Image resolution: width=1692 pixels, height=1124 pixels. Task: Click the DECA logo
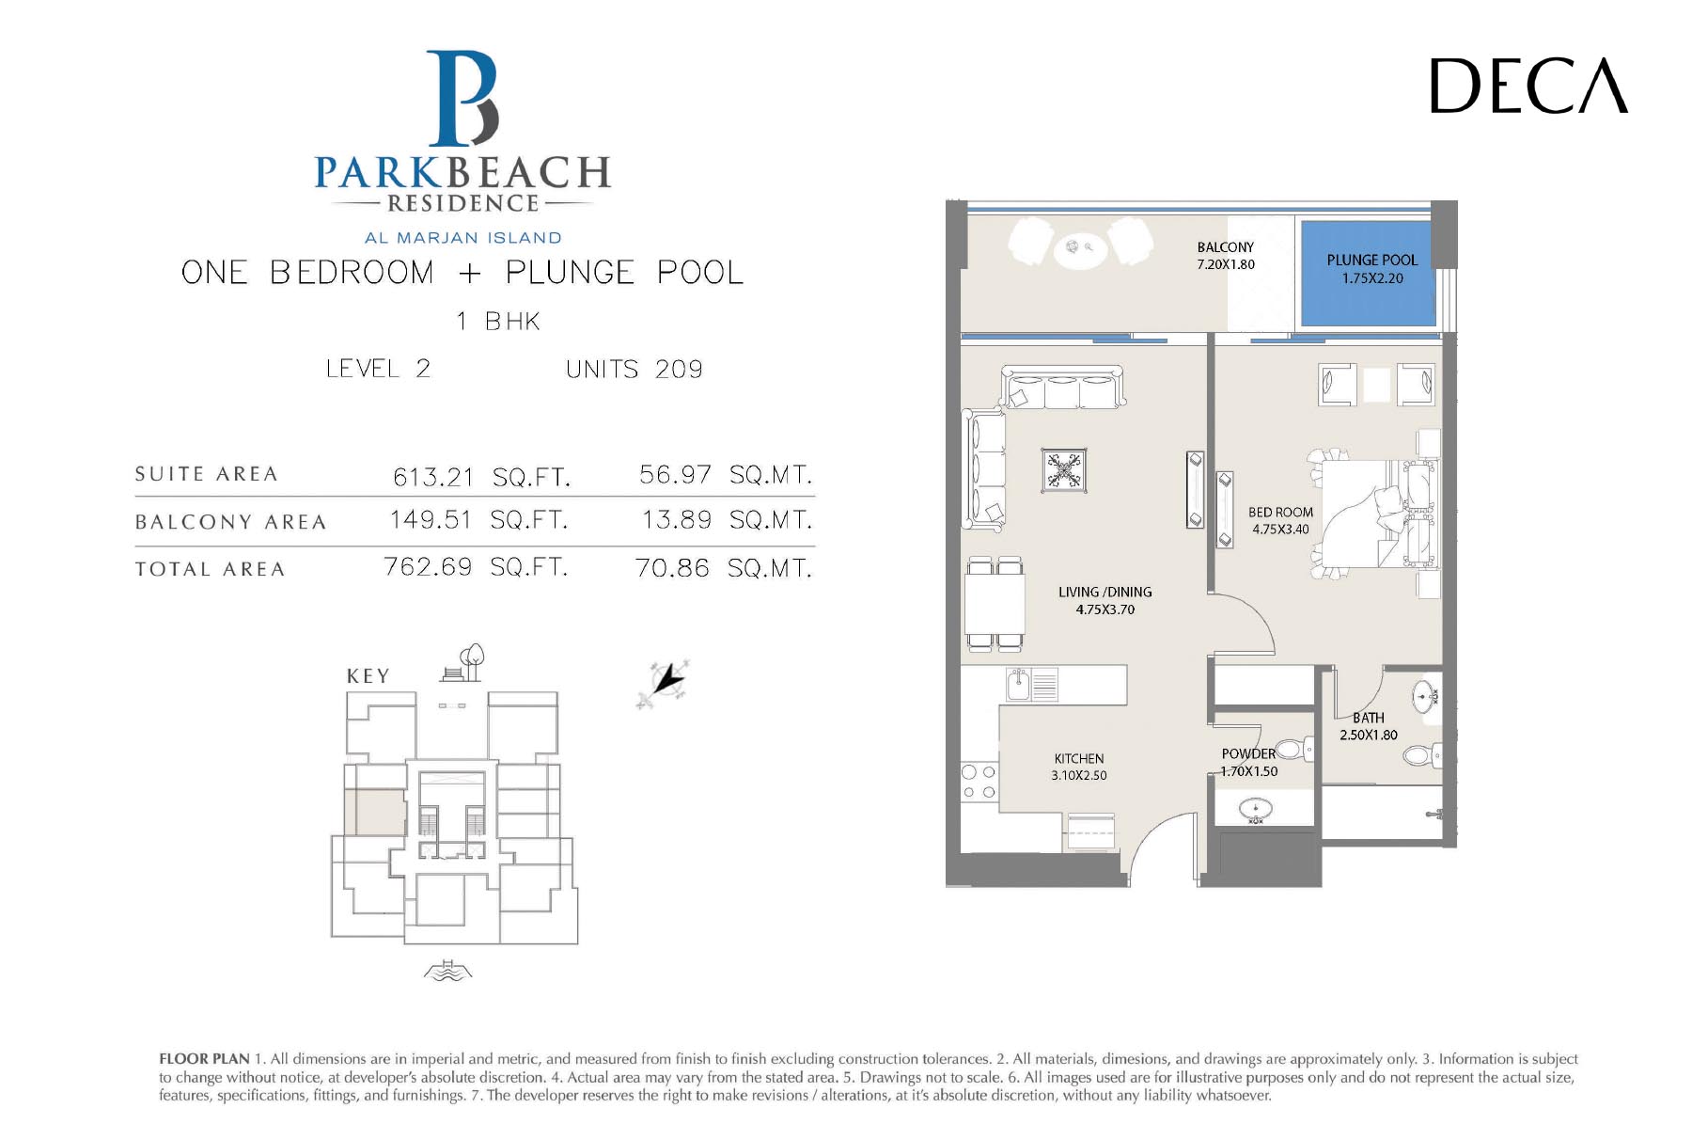point(1528,86)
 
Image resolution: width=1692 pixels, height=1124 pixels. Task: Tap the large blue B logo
point(462,99)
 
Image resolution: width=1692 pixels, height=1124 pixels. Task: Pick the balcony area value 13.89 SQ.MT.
point(727,519)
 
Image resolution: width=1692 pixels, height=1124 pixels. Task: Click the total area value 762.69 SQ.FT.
point(476,567)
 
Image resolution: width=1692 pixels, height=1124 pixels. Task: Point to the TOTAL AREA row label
point(210,569)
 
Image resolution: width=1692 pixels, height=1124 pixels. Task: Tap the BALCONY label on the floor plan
point(1225,247)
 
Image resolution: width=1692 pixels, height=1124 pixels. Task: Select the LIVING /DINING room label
point(1104,593)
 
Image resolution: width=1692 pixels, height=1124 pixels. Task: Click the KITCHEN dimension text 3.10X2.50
point(1079,776)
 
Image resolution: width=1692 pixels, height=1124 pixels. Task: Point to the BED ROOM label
point(1280,513)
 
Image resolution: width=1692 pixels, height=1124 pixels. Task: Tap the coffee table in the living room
point(1064,470)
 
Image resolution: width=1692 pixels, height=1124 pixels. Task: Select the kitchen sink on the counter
point(1019,684)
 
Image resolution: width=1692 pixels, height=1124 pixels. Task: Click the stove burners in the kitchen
point(979,783)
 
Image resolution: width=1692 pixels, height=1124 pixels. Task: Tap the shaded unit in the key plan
point(375,812)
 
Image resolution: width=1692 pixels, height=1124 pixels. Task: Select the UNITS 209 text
point(634,370)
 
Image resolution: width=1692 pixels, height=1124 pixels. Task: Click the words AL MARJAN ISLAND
point(463,238)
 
